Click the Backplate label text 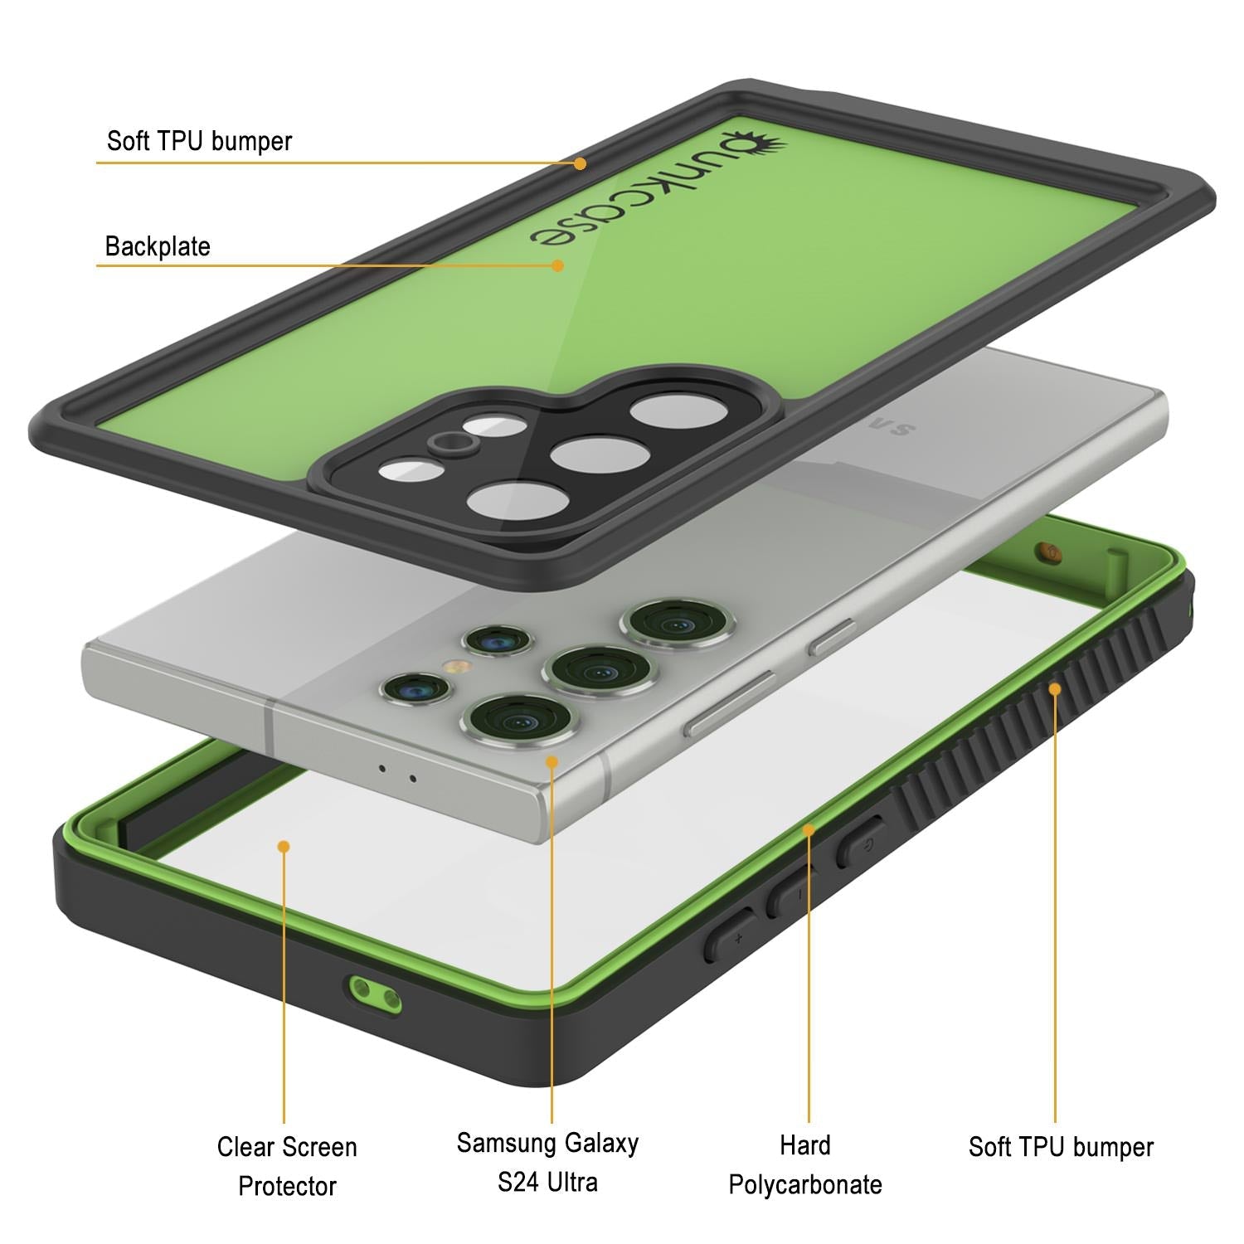pyautogui.click(x=158, y=246)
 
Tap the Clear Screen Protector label pyautogui.click(x=287, y=1166)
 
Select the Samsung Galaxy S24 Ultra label pyautogui.click(x=547, y=1162)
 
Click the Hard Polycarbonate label pyautogui.click(x=805, y=1164)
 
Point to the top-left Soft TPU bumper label pyautogui.click(x=199, y=141)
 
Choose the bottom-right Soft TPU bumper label pyautogui.click(x=1061, y=1147)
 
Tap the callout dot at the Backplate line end pyautogui.click(x=558, y=265)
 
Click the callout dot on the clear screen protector pyautogui.click(x=284, y=846)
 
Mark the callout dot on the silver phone pyautogui.click(x=552, y=760)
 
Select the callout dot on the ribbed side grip pyautogui.click(x=1055, y=688)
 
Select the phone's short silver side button pyautogui.click(x=833, y=637)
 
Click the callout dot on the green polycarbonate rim pyautogui.click(x=809, y=829)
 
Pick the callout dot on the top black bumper pyautogui.click(x=581, y=163)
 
